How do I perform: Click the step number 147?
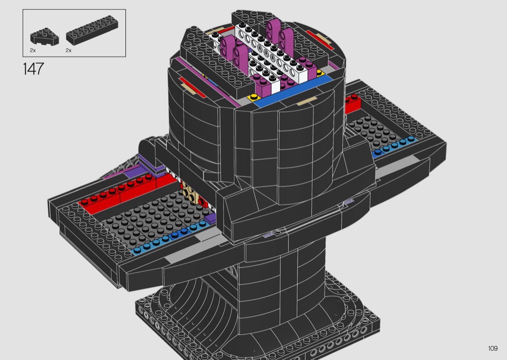(33, 69)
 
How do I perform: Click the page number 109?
(493, 348)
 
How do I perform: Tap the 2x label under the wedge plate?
(33, 50)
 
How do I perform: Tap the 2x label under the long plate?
(68, 50)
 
